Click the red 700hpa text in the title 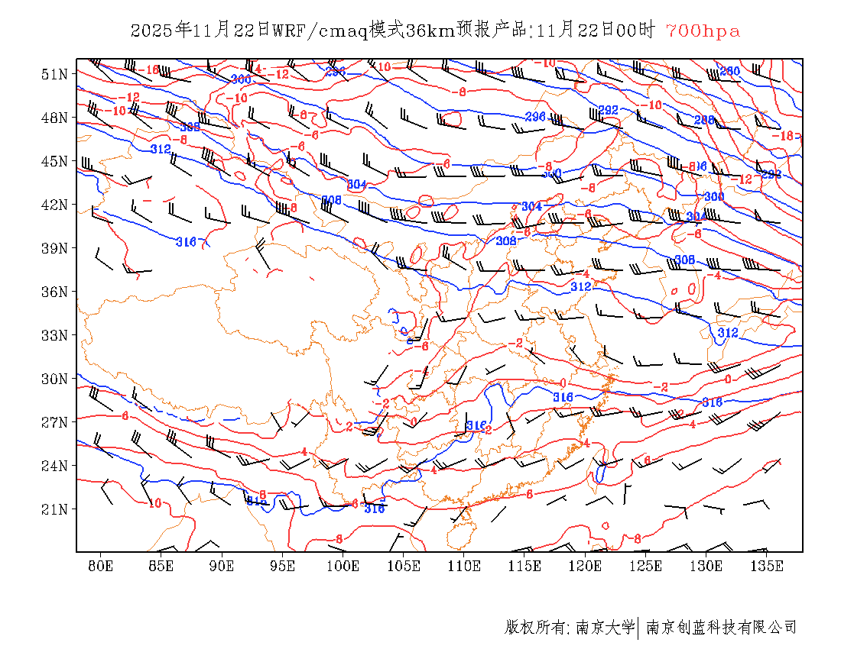point(703,31)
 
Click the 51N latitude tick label point(54,74)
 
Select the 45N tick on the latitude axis point(54,161)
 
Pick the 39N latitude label point(54,248)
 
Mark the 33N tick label point(54,335)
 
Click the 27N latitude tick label point(54,422)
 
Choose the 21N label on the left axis point(54,509)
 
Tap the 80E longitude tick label point(101,566)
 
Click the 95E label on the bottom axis point(283,566)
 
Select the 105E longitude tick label point(404,566)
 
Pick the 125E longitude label point(646,566)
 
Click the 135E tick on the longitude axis point(767,566)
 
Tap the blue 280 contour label point(730,71)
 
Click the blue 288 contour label point(704,120)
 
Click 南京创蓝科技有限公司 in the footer point(722,628)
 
